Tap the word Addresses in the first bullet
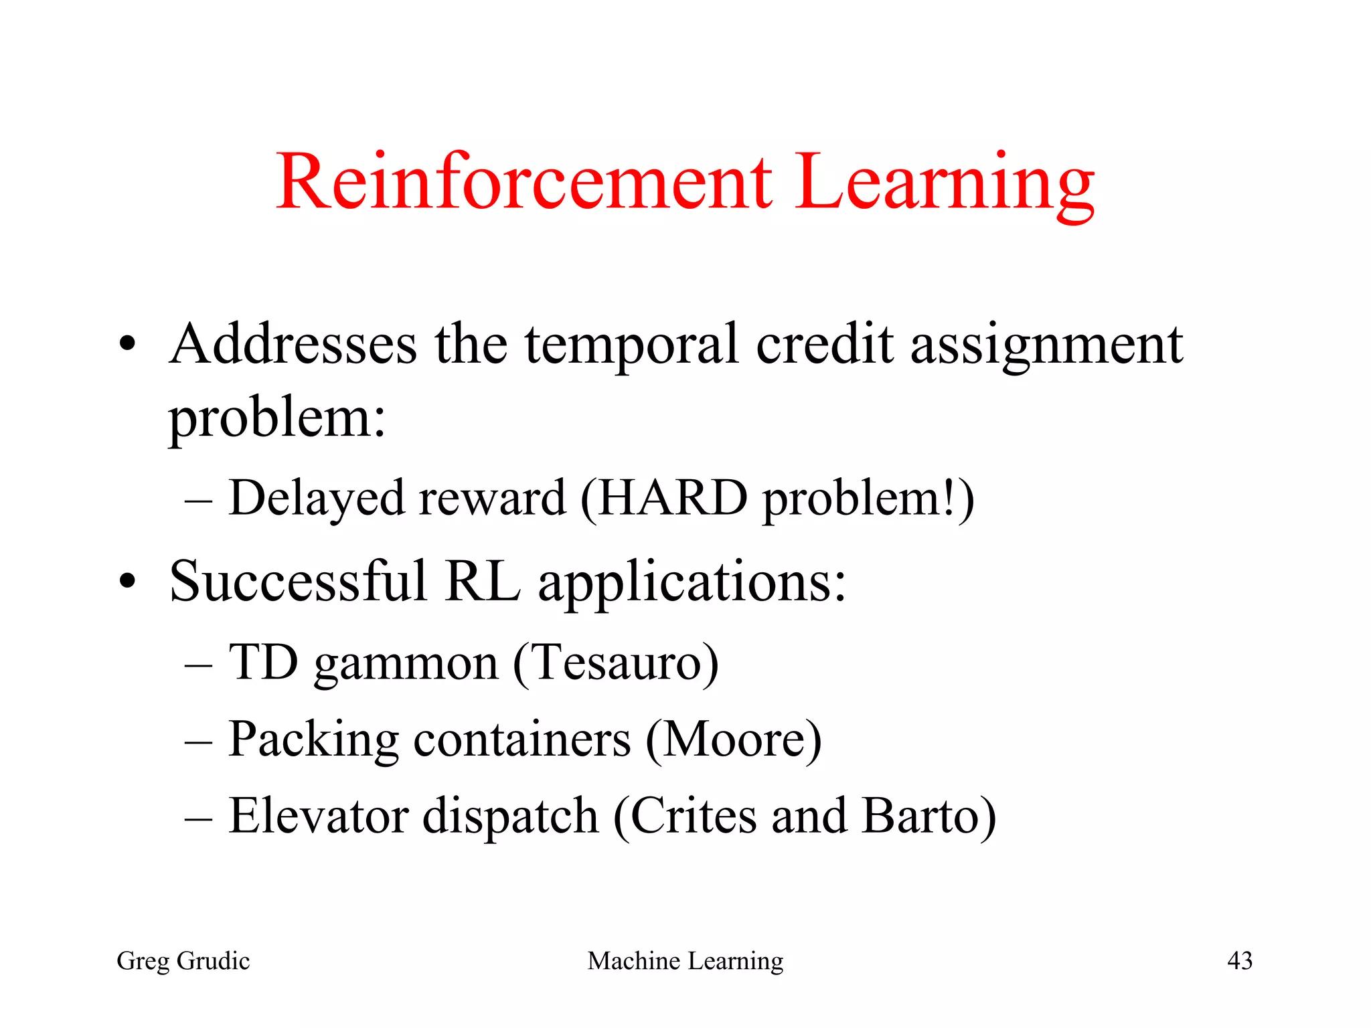[293, 344]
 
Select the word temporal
[631, 345]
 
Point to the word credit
[824, 344]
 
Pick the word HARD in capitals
[672, 499]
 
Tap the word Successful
[298, 581]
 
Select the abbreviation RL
[482, 581]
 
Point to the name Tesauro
[617, 663]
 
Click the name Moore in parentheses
[734, 740]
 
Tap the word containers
[522, 740]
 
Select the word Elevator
[319, 816]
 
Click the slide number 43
[1239, 961]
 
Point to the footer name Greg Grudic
[183, 961]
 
